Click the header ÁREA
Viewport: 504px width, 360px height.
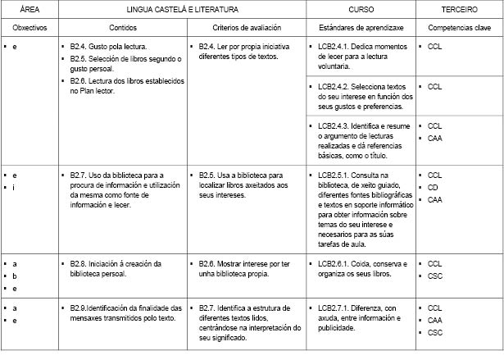click(27, 10)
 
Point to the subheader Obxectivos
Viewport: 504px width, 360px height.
click(27, 28)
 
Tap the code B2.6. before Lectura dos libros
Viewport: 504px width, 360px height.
click(79, 81)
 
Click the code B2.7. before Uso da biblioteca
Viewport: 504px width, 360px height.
click(79, 175)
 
